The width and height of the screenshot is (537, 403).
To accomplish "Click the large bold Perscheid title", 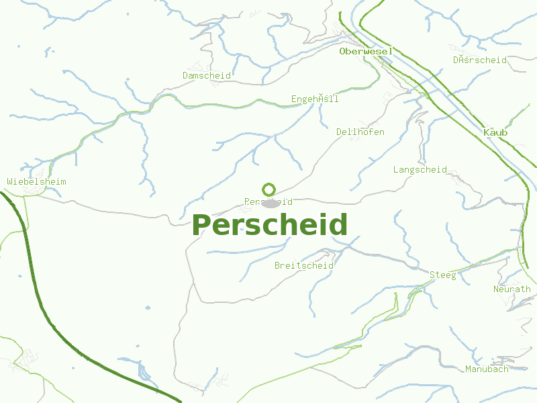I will [270, 225].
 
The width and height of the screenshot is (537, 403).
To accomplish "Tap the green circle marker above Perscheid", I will [269, 190].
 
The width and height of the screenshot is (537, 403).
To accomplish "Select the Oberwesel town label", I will [366, 51].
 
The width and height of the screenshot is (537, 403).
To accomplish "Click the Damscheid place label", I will [207, 75].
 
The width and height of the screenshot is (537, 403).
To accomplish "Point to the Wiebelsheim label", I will [36, 181].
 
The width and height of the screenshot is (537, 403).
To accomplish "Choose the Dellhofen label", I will [360, 132].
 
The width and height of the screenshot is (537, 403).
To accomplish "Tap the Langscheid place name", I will [420, 169].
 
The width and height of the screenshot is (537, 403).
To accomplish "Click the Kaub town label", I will [495, 132].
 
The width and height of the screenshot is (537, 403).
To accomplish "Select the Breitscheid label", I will [304, 265].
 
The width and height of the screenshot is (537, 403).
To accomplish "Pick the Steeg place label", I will [443, 275].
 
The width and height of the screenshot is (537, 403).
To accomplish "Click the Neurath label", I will [512, 289].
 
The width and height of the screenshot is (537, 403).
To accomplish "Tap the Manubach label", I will [487, 369].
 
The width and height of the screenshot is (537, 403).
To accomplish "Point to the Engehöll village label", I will [315, 99].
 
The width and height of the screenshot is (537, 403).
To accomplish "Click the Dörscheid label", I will [479, 60].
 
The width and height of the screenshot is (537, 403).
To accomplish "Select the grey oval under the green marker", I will [270, 204].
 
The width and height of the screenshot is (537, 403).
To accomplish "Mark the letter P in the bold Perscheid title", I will [202, 225].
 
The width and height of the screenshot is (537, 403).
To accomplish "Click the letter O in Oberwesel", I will [343, 51].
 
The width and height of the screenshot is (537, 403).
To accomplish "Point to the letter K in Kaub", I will [487, 132].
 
